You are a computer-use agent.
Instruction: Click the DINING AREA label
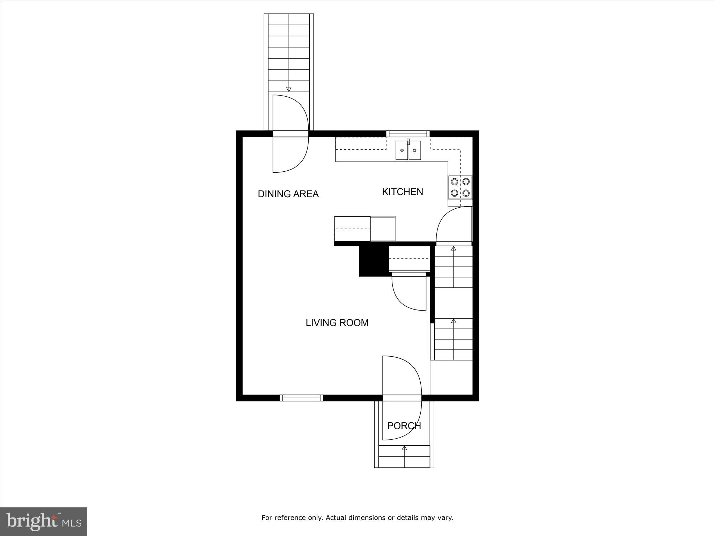click(288, 194)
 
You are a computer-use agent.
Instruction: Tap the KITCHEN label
click(402, 192)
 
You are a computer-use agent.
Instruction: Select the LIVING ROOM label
click(337, 323)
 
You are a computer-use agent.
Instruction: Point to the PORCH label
click(404, 426)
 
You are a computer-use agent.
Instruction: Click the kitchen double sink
click(408, 150)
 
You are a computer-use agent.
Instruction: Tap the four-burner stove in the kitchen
click(460, 187)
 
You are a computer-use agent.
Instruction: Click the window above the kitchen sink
click(408, 133)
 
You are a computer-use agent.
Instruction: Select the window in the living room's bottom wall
click(301, 398)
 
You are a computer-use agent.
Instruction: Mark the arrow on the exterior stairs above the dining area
click(289, 89)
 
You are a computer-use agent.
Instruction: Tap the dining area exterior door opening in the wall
click(290, 134)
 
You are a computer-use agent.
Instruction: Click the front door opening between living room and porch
click(402, 398)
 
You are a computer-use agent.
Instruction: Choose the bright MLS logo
click(44, 522)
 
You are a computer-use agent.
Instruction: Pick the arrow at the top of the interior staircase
click(454, 248)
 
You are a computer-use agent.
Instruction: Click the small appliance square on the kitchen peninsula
click(383, 229)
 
